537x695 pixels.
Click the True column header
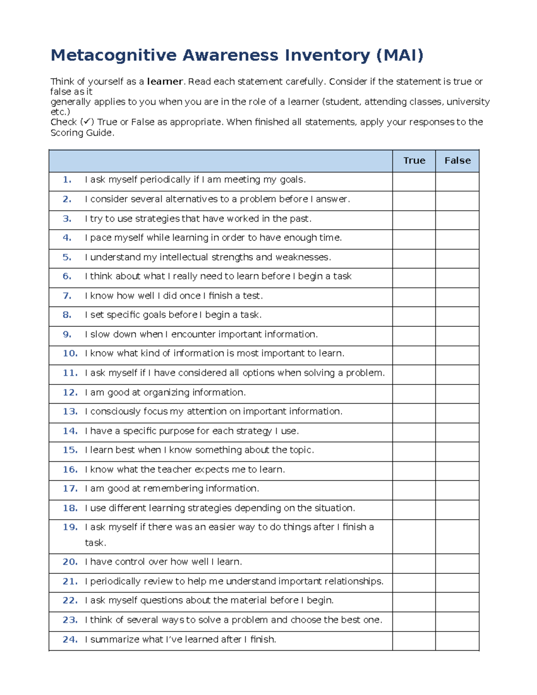tap(414, 161)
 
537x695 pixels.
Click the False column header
tap(457, 161)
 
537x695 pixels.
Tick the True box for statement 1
tap(414, 182)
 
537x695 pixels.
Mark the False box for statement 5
tap(457, 259)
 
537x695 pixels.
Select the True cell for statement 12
tap(414, 394)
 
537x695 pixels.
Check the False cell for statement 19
tap(457, 537)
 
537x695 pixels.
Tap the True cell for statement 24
tap(414, 641)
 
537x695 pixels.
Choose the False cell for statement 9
tap(457, 336)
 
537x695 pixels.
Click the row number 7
tap(67, 296)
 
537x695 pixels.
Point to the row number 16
tap(70, 469)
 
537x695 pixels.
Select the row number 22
tap(70, 601)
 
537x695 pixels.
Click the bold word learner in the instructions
tap(165, 82)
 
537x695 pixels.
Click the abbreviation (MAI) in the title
tap(400, 55)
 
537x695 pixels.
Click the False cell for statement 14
tap(457, 432)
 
